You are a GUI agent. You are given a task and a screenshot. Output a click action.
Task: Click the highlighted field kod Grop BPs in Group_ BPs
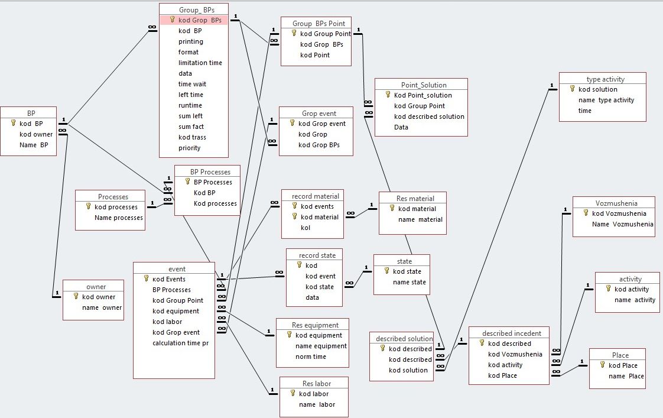pyautogui.click(x=200, y=20)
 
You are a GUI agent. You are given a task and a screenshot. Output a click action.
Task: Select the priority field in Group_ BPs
pyautogui.click(x=189, y=148)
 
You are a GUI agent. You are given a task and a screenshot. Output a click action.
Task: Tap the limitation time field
pyautogui.click(x=200, y=63)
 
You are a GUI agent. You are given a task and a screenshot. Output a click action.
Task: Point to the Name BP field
pyautogui.click(x=34, y=145)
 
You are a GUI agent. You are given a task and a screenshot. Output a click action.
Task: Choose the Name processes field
pyautogui.click(x=118, y=218)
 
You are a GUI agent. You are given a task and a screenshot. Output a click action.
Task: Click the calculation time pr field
pyautogui.click(x=180, y=343)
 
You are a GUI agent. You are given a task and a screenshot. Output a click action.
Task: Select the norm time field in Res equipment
pyautogui.click(x=310, y=357)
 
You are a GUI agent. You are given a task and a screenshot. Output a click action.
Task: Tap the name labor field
pyautogui.click(x=317, y=404)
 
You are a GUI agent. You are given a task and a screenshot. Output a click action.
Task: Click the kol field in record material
pyautogui.click(x=305, y=228)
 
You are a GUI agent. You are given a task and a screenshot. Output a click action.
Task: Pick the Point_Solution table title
pyautogui.click(x=420, y=85)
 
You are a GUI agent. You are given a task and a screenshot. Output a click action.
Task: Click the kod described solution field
pyautogui.click(x=429, y=116)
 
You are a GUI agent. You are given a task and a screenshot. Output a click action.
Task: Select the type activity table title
pyautogui.click(x=605, y=79)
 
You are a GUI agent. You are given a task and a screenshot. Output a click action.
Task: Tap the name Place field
pyautogui.click(x=626, y=376)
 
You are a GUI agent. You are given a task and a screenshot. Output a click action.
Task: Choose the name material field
pyautogui.click(x=420, y=219)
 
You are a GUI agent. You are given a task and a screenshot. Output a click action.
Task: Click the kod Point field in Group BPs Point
pyautogui.click(x=315, y=55)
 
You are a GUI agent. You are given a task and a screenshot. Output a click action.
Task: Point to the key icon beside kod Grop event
pyautogui.click(x=292, y=124)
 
